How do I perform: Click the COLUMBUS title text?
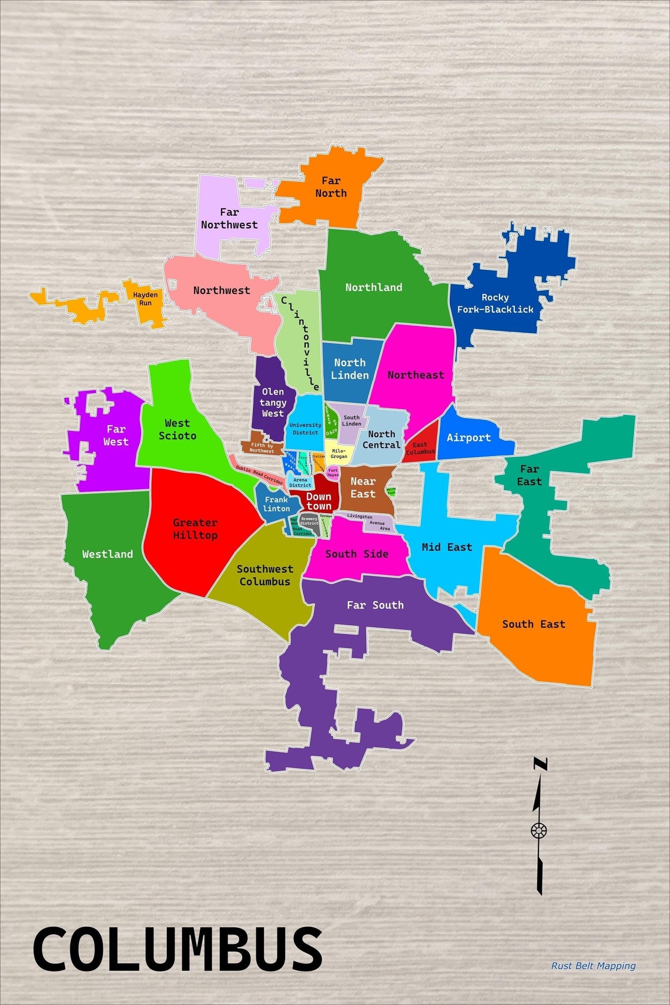pos(177,949)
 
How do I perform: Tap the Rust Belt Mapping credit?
pos(593,966)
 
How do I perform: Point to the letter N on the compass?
pos(540,765)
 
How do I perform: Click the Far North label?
pos(331,187)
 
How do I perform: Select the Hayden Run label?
pos(145,299)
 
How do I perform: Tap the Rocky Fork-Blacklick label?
pos(495,303)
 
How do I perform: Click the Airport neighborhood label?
pos(468,437)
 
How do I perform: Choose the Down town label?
pos(319,501)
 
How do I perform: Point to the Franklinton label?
pos(276,504)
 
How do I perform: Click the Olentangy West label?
pos(273,403)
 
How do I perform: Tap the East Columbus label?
pos(420,448)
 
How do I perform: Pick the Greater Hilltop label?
pos(195,529)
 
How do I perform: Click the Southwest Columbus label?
pos(264,575)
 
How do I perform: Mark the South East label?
pos(534,624)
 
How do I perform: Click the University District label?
pos(306,428)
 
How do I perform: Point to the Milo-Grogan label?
pos(339,453)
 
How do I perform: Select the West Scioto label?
pos(177,430)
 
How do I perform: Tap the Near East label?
pos(363,488)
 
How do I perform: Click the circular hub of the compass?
pos(539,830)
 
